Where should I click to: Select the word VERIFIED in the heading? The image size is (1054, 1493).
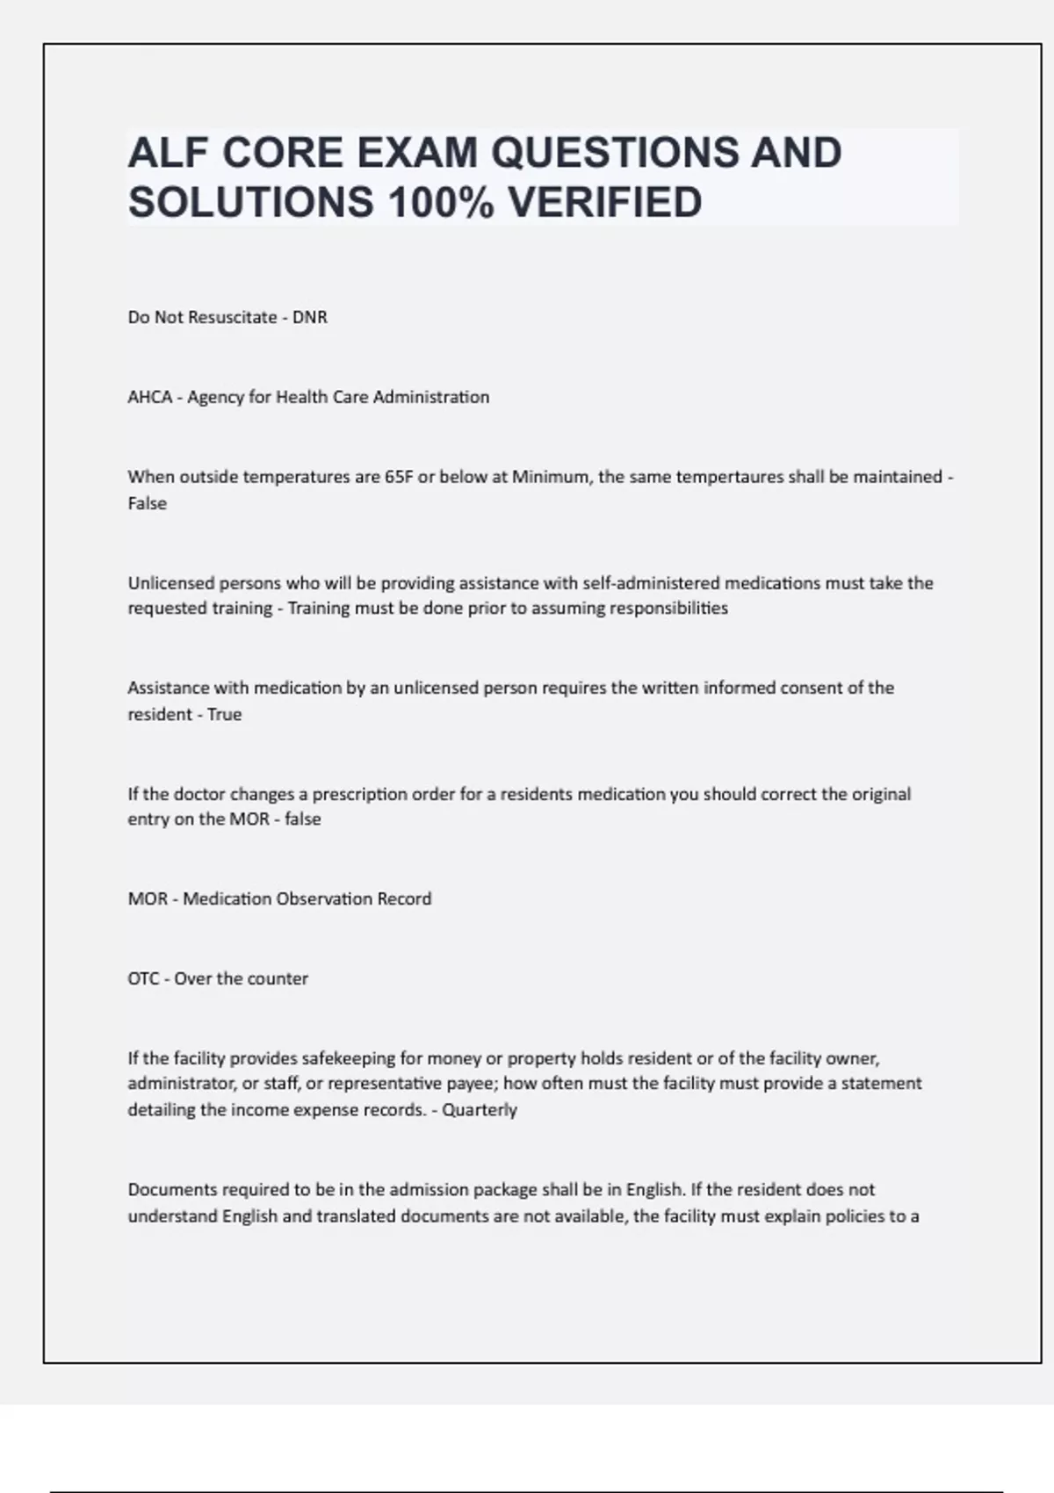coord(605,203)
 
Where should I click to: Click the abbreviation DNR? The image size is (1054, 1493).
coord(309,317)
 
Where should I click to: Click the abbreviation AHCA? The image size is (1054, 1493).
coord(150,397)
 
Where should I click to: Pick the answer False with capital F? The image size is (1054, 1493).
coord(147,503)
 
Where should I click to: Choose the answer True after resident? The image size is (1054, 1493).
coord(224,714)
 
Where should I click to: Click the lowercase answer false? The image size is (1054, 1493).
coord(302,819)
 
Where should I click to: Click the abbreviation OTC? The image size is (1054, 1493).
coord(143,978)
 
